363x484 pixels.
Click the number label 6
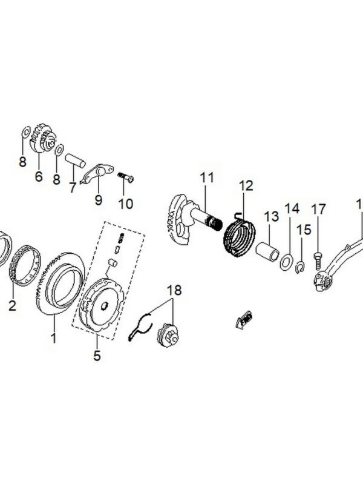pos(39,176)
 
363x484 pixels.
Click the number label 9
pos(98,199)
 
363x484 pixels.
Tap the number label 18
pos(174,290)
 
